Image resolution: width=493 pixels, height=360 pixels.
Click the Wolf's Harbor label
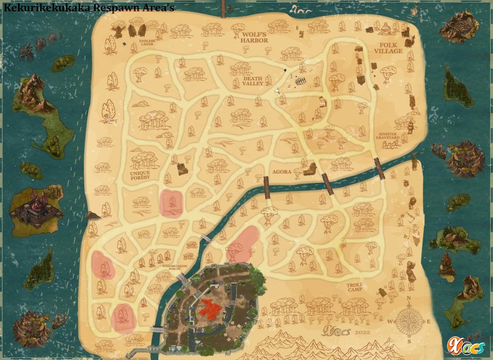click(254, 37)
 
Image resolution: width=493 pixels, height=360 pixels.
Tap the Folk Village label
click(388, 48)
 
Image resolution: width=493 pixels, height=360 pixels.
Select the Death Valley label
click(252, 81)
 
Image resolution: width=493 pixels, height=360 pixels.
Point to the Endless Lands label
click(146, 43)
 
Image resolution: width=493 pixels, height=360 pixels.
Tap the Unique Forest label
click(141, 176)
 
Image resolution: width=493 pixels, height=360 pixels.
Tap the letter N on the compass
click(408, 298)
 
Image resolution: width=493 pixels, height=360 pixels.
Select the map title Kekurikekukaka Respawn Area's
click(89, 7)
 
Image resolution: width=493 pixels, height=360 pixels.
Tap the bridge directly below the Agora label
click(267, 188)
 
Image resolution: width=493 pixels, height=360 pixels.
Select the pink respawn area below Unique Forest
click(172, 203)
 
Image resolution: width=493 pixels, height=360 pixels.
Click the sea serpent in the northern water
click(300, 9)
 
